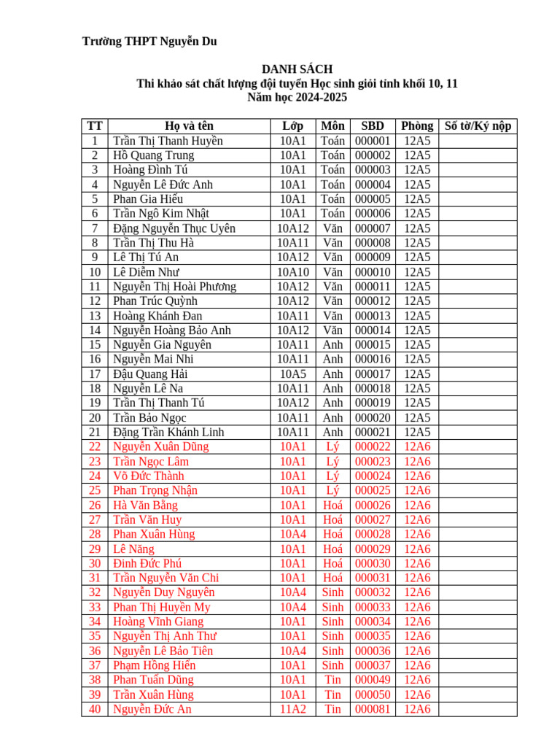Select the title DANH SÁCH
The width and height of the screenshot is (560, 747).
(297, 69)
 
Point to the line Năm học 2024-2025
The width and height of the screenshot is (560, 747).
(297, 97)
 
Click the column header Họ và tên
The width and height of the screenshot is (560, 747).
(189, 126)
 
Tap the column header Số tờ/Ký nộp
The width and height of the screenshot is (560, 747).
(478, 126)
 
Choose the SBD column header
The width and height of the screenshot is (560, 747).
(373, 126)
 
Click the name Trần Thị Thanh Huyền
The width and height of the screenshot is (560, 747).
(168, 141)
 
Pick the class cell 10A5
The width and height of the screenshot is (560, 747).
(292, 373)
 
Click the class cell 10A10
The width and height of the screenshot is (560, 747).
(292, 272)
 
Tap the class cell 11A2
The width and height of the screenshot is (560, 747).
(292, 709)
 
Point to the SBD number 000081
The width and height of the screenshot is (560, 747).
(373, 709)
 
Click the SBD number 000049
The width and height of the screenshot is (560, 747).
(373, 680)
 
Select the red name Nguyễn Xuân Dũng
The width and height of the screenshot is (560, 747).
(160, 446)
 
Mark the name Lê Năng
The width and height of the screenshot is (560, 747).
(133, 549)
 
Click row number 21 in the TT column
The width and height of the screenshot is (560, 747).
(95, 432)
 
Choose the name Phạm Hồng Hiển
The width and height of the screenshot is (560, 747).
(154, 665)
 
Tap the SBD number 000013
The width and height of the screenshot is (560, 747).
(373, 316)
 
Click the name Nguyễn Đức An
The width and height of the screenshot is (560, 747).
(152, 709)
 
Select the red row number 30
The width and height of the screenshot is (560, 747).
(95, 563)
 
